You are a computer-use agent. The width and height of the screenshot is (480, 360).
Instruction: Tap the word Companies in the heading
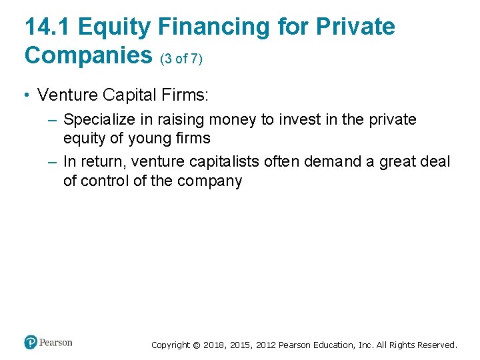tap(89, 55)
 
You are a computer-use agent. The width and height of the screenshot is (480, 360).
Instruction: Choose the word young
tap(144, 139)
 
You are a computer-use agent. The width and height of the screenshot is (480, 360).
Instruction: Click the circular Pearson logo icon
tap(30, 343)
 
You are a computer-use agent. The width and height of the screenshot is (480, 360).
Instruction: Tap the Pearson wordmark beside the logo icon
tap(55, 343)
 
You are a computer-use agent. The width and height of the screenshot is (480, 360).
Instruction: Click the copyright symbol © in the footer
tap(196, 345)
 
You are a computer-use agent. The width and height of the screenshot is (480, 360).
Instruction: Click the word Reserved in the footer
tap(437, 345)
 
